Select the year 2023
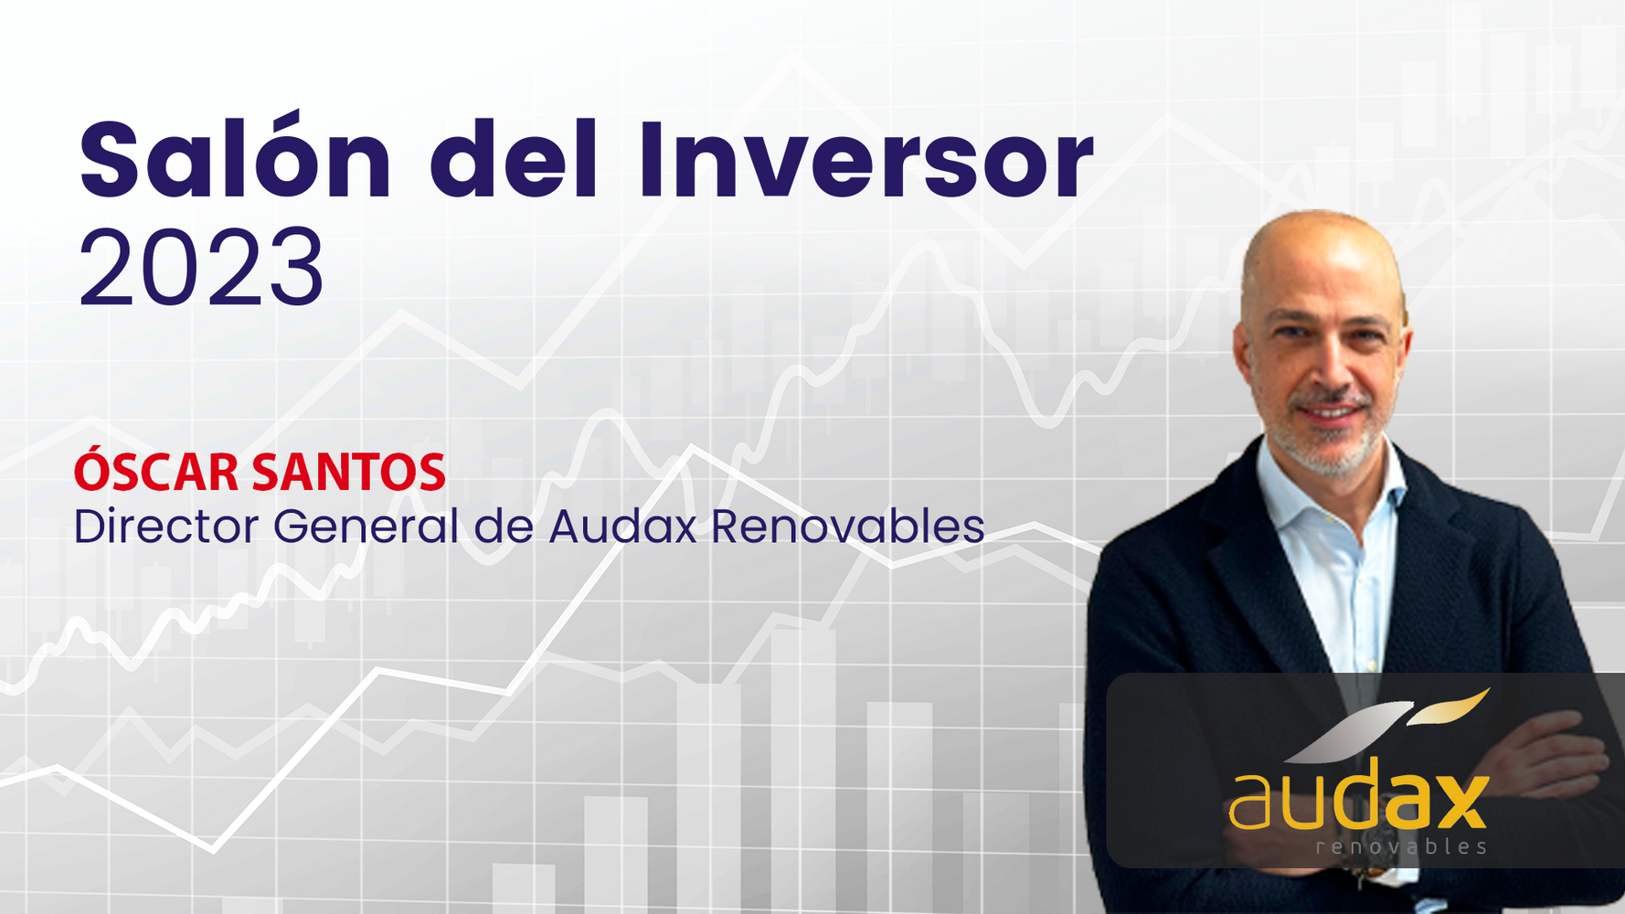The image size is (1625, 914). pyautogui.click(x=201, y=268)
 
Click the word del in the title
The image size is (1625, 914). pyautogui.click(x=515, y=157)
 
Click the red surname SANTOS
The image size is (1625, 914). pyautogui.click(x=348, y=473)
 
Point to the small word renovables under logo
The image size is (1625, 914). pyautogui.click(x=1401, y=847)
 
